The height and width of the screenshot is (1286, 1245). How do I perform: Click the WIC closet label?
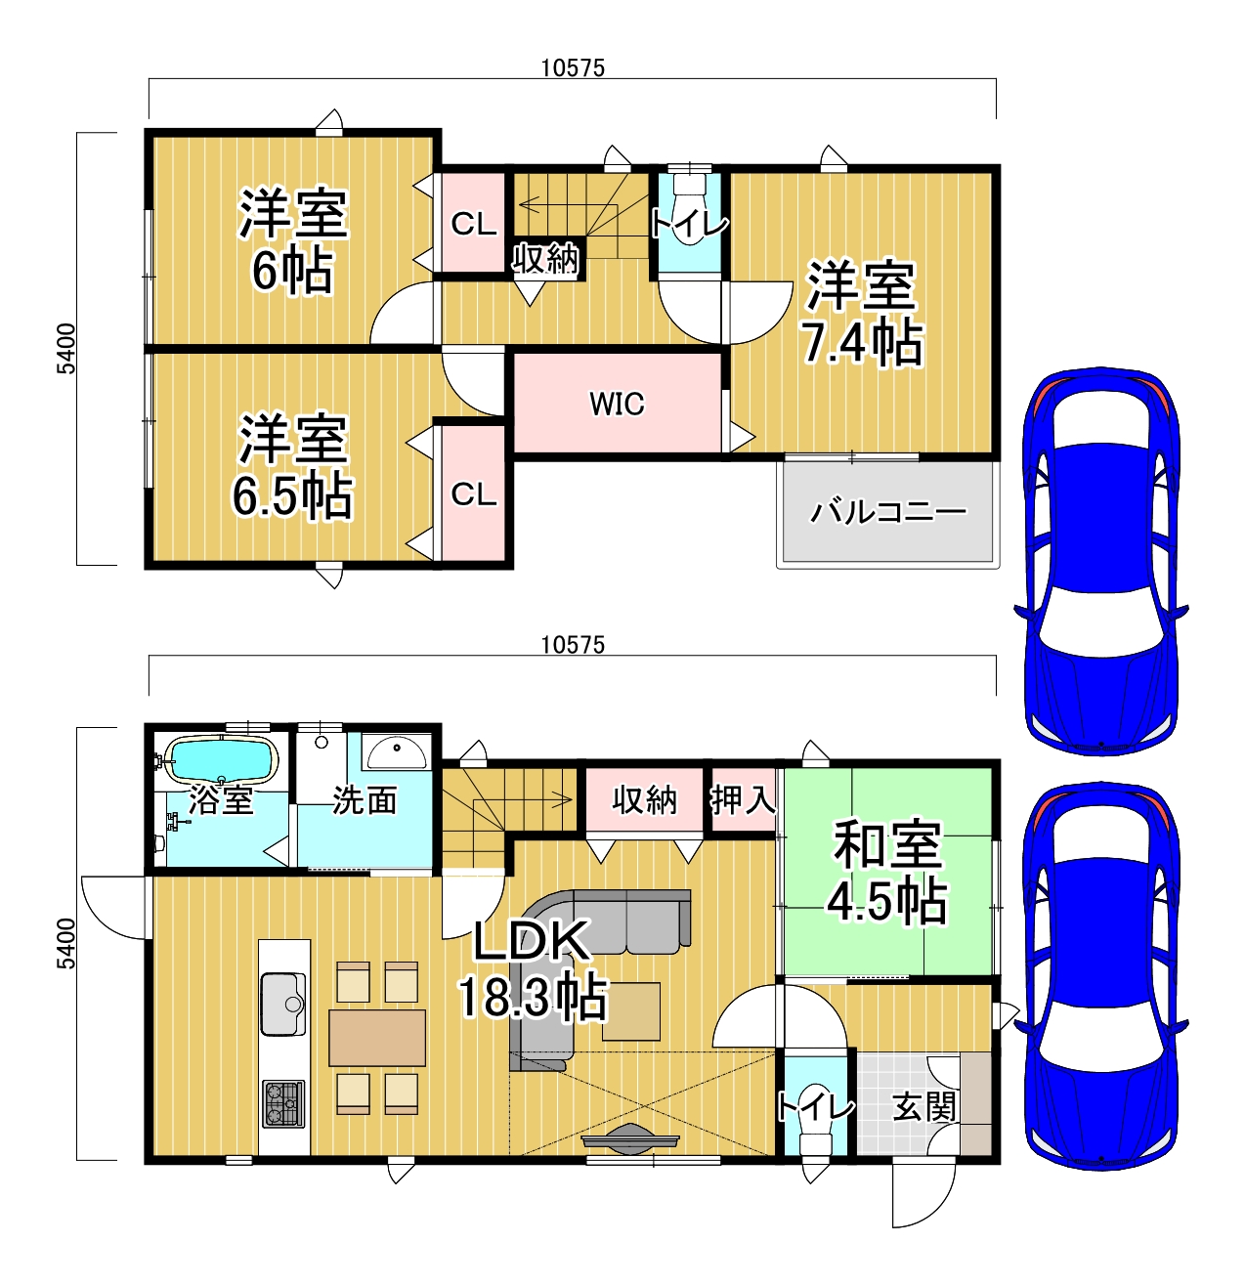(x=616, y=404)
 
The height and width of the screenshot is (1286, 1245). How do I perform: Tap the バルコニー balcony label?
(x=887, y=512)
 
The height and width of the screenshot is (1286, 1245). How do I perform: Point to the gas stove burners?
(x=283, y=1103)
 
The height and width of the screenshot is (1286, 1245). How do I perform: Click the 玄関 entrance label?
(x=923, y=1107)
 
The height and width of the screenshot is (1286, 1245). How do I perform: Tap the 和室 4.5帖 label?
(x=887, y=873)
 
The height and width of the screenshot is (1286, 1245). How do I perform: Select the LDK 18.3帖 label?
(x=533, y=969)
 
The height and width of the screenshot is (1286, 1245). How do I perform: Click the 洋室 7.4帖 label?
(x=862, y=314)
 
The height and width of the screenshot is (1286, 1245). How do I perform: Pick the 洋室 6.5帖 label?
(x=293, y=467)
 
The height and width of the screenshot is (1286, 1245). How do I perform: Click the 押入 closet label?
(x=743, y=800)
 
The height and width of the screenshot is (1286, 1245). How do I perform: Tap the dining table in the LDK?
(x=376, y=1038)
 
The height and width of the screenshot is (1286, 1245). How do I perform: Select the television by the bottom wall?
(x=630, y=1137)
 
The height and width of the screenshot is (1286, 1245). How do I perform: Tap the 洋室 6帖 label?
(x=293, y=242)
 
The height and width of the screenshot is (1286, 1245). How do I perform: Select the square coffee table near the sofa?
(x=631, y=1011)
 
